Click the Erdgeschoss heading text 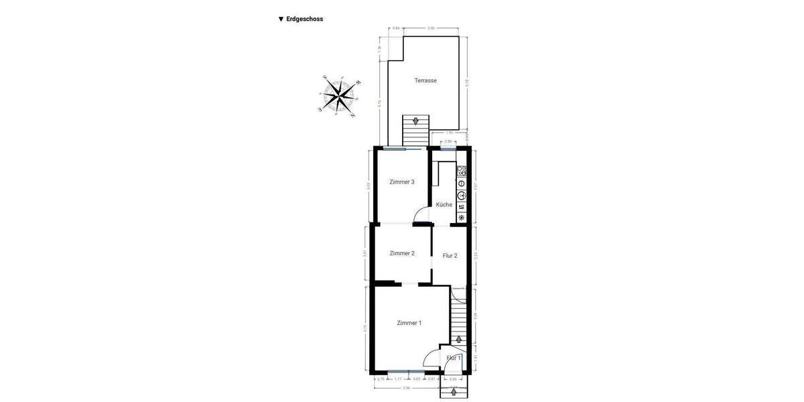tap(304, 19)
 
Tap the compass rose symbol tap(340, 96)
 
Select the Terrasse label tap(425, 80)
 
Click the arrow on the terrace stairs tap(415, 122)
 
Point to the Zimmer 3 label tap(402, 182)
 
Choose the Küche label tap(444, 204)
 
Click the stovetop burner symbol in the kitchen tap(462, 171)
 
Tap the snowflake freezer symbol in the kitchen tap(462, 218)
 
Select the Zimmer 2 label tap(402, 253)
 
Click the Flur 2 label tap(450, 255)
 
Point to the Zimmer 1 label tap(409, 323)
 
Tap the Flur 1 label tap(454, 358)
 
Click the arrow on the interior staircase tap(458, 340)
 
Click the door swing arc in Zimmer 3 tap(422, 214)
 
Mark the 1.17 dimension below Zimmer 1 tap(398, 379)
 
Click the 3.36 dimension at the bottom tap(406, 388)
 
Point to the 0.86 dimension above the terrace tap(396, 28)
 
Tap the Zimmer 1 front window tap(406, 371)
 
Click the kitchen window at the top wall tap(448, 149)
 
